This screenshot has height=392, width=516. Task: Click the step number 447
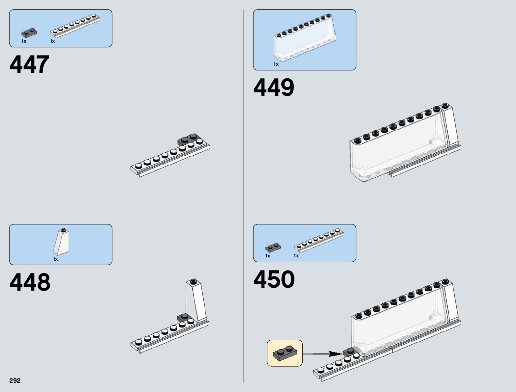(30, 65)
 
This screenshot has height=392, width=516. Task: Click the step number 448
(30, 282)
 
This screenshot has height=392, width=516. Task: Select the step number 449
(274, 88)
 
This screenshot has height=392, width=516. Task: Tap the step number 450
(274, 279)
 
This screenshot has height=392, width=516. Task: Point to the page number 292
(15, 380)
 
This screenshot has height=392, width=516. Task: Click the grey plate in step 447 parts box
(29, 33)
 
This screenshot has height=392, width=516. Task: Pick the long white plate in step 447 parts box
(75, 25)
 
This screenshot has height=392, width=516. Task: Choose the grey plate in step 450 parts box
(273, 247)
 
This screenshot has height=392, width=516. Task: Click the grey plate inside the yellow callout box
(285, 353)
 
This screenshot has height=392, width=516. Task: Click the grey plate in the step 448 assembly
(184, 318)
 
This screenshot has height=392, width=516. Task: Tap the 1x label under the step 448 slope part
(55, 259)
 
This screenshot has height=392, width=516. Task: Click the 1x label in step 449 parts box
(276, 64)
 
